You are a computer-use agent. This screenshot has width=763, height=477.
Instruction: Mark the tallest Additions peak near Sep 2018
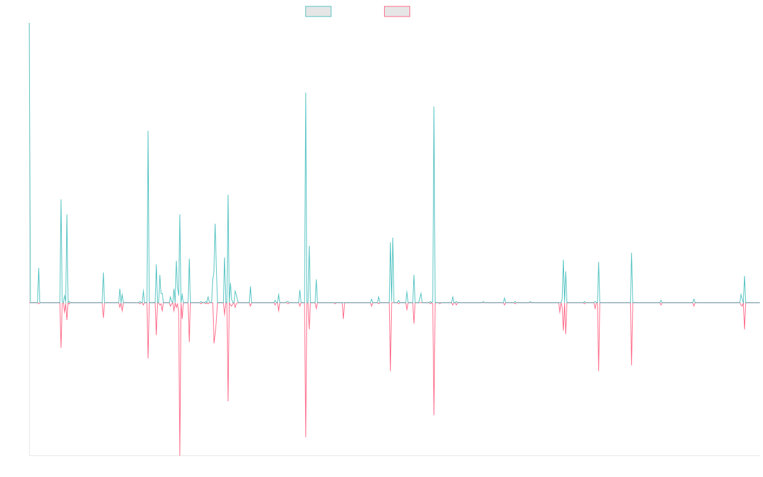coord(306,93)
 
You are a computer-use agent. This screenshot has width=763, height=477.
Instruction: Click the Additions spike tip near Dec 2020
coord(434,107)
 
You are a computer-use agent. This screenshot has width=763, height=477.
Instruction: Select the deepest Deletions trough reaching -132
coord(180,455)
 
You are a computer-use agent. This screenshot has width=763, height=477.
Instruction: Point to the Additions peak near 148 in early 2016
coord(148,131)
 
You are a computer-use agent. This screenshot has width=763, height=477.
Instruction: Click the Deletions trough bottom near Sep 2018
coord(306,438)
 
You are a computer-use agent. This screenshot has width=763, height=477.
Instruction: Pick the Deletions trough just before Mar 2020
coord(390,370)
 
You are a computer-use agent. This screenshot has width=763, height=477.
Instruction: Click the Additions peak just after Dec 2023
coord(631,253)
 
